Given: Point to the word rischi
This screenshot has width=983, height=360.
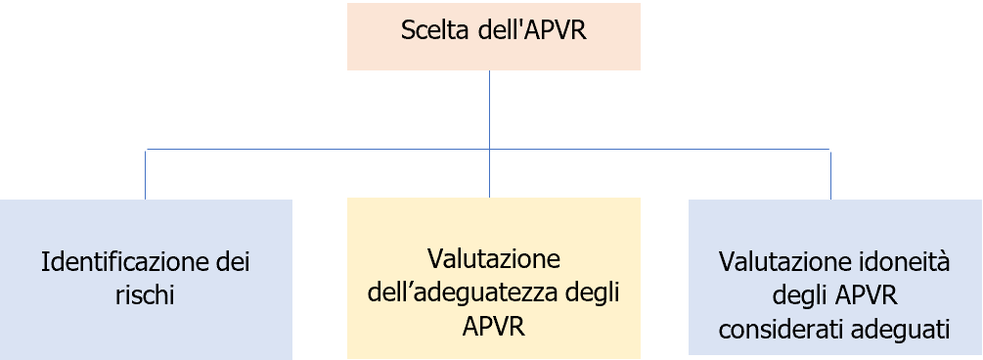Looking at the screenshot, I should coord(146,294).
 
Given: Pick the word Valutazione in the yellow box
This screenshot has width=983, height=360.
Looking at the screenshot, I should coord(494,259).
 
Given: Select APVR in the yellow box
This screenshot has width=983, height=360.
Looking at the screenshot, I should coord(494,325).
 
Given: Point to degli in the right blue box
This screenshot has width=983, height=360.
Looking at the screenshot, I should coord(802,294).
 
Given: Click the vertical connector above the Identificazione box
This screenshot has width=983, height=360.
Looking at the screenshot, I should coord(146,174).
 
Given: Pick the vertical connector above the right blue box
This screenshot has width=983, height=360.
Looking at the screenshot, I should coord(830,174).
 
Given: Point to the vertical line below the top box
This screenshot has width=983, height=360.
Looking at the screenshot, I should coord(489,108).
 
